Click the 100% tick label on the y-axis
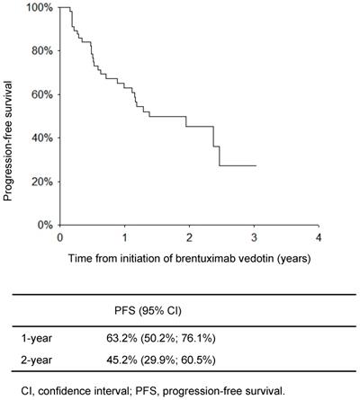[38, 7]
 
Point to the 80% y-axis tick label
[40, 50]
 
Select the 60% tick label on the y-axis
[40, 94]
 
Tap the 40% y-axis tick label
[40, 138]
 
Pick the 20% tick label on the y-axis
[40, 182]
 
